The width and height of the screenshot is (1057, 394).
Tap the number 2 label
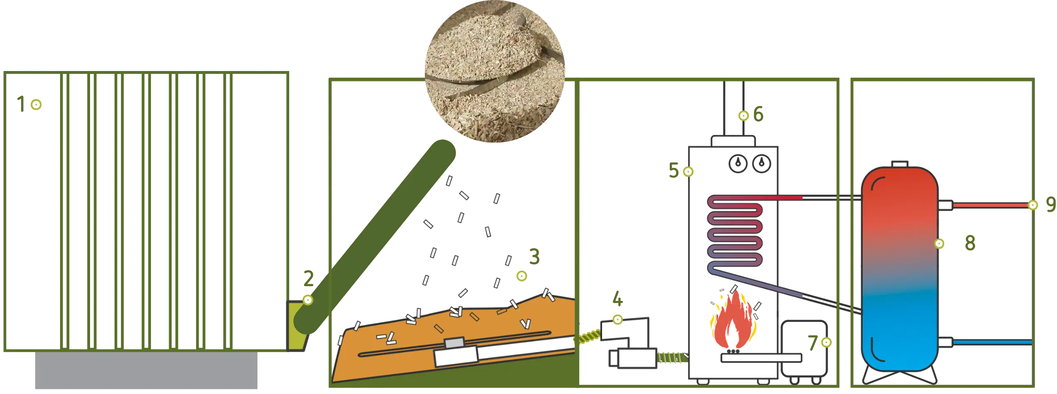tap(309, 279)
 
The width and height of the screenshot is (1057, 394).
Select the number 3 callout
tap(534, 256)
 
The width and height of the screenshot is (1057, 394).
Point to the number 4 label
tap(618, 298)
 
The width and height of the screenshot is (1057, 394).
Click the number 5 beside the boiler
tap(674, 170)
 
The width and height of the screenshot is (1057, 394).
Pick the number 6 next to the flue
tap(759, 114)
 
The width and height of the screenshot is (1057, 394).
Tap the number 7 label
tap(813, 343)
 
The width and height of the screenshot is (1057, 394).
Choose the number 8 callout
tap(970, 243)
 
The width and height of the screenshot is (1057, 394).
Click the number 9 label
tap(1051, 204)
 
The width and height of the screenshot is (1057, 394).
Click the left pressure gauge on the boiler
tap(738, 164)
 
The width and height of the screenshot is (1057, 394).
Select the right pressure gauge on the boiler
tap(762, 164)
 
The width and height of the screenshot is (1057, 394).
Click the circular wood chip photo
tap(495, 71)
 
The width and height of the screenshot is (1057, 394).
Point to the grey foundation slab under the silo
tap(146, 370)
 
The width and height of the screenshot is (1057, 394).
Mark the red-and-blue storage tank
tap(900, 269)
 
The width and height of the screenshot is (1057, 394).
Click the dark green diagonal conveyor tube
tap(375, 237)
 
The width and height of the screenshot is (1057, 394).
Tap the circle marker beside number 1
tap(36, 104)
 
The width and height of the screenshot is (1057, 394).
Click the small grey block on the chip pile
tap(454, 342)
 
